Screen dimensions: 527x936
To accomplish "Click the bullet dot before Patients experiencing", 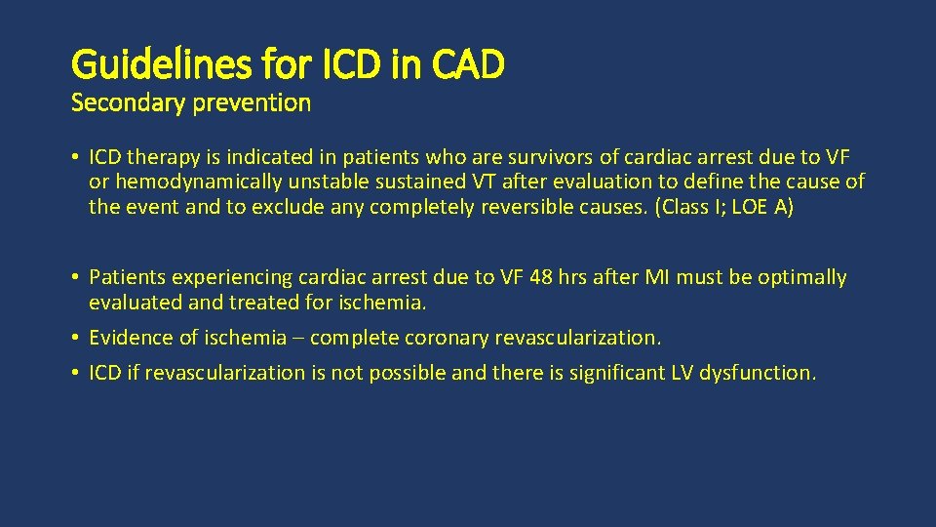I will [75, 278].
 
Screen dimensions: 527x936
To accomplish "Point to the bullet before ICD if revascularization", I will [75, 373].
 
